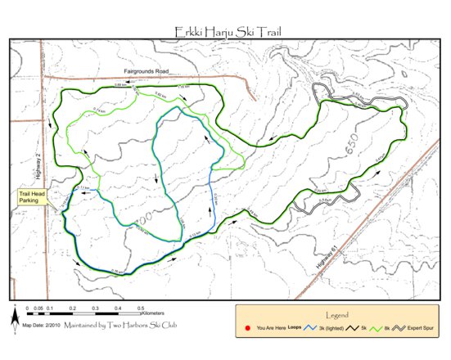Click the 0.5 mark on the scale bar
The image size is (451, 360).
(x=141, y=308)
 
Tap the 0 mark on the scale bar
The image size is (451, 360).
(x=27, y=308)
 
